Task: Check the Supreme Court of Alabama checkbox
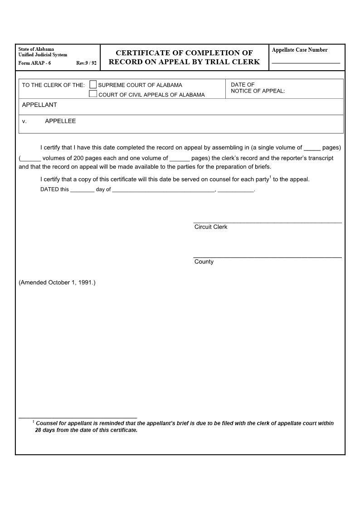tap(93, 84)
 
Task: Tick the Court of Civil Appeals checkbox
tap(93, 94)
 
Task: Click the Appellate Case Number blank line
tap(306, 62)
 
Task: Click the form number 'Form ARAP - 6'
tap(34, 63)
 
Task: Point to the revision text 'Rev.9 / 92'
tap(86, 63)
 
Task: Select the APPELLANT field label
tap(39, 105)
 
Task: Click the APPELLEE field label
tap(60, 121)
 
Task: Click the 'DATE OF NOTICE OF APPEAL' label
tap(258, 88)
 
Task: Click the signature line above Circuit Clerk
tap(268, 222)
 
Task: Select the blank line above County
tap(268, 257)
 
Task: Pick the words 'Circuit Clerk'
tap(211, 227)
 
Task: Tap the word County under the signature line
tap(204, 262)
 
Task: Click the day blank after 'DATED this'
tap(82, 190)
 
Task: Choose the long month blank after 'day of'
tap(163, 190)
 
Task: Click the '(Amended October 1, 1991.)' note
tap(57, 282)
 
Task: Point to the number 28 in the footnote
tap(39, 430)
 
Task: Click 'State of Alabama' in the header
tap(36, 49)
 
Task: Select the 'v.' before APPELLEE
tap(24, 121)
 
